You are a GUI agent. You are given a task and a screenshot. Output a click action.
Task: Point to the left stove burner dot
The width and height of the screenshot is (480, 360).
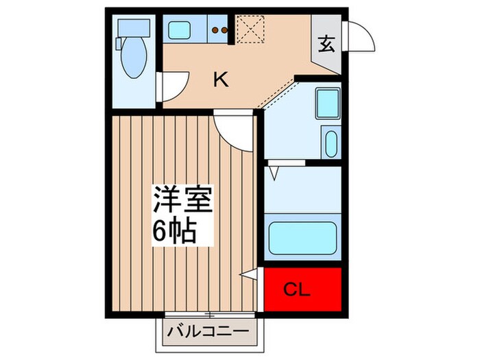tap(216, 29)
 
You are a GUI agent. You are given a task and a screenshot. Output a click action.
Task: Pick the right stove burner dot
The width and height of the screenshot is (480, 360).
tap(225, 29)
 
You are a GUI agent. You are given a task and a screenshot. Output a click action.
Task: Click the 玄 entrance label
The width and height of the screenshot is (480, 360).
tap(327, 45)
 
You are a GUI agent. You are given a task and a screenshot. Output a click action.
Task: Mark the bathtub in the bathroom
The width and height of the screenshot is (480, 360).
tap(302, 237)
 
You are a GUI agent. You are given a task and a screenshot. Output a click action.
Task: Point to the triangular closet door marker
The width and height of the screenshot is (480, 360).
tap(250, 276)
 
